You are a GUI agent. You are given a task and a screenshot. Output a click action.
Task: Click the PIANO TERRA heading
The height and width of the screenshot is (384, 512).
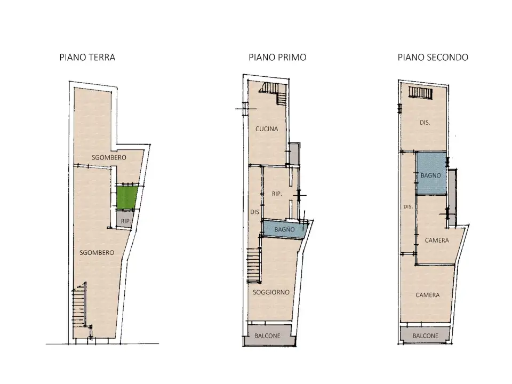[x=87, y=58]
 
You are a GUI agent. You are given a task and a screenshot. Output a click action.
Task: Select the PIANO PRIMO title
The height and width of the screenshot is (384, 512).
[x=277, y=58]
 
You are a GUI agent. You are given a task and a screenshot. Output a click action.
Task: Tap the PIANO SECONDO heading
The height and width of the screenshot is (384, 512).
[x=433, y=58]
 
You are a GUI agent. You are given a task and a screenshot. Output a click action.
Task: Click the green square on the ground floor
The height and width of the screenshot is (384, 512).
[x=127, y=197]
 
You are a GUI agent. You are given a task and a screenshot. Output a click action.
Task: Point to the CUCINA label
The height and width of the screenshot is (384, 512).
[x=267, y=129]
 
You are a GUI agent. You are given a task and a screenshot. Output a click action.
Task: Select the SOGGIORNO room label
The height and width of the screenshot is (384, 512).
[x=271, y=292]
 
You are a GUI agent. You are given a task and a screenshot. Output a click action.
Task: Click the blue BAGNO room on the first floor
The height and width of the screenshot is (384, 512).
[x=285, y=229]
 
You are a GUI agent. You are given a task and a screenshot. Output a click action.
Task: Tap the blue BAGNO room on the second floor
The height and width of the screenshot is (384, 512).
[x=431, y=173]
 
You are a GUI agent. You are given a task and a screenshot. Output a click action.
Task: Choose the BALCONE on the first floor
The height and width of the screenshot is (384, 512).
[x=268, y=335]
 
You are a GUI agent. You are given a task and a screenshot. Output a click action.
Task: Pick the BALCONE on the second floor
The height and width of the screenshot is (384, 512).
[x=425, y=335]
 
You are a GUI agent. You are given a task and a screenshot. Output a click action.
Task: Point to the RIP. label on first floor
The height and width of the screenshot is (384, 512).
[x=277, y=194]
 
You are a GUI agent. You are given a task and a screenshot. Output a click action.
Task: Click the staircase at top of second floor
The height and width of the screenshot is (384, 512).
[x=421, y=92]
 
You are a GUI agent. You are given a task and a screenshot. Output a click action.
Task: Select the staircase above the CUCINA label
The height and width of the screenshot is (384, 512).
[x=274, y=92]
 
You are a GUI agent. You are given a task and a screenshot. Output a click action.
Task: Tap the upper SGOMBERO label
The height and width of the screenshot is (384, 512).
[x=109, y=157]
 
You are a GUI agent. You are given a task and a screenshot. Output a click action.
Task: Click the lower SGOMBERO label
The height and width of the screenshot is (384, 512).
[x=97, y=253]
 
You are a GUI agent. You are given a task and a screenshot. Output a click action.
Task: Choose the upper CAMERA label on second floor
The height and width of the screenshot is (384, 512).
[x=437, y=241]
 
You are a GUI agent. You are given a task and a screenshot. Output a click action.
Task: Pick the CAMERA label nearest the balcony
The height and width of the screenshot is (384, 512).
[x=427, y=295]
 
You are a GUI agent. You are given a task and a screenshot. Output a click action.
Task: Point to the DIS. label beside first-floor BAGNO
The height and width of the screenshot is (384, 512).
[x=255, y=212]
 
